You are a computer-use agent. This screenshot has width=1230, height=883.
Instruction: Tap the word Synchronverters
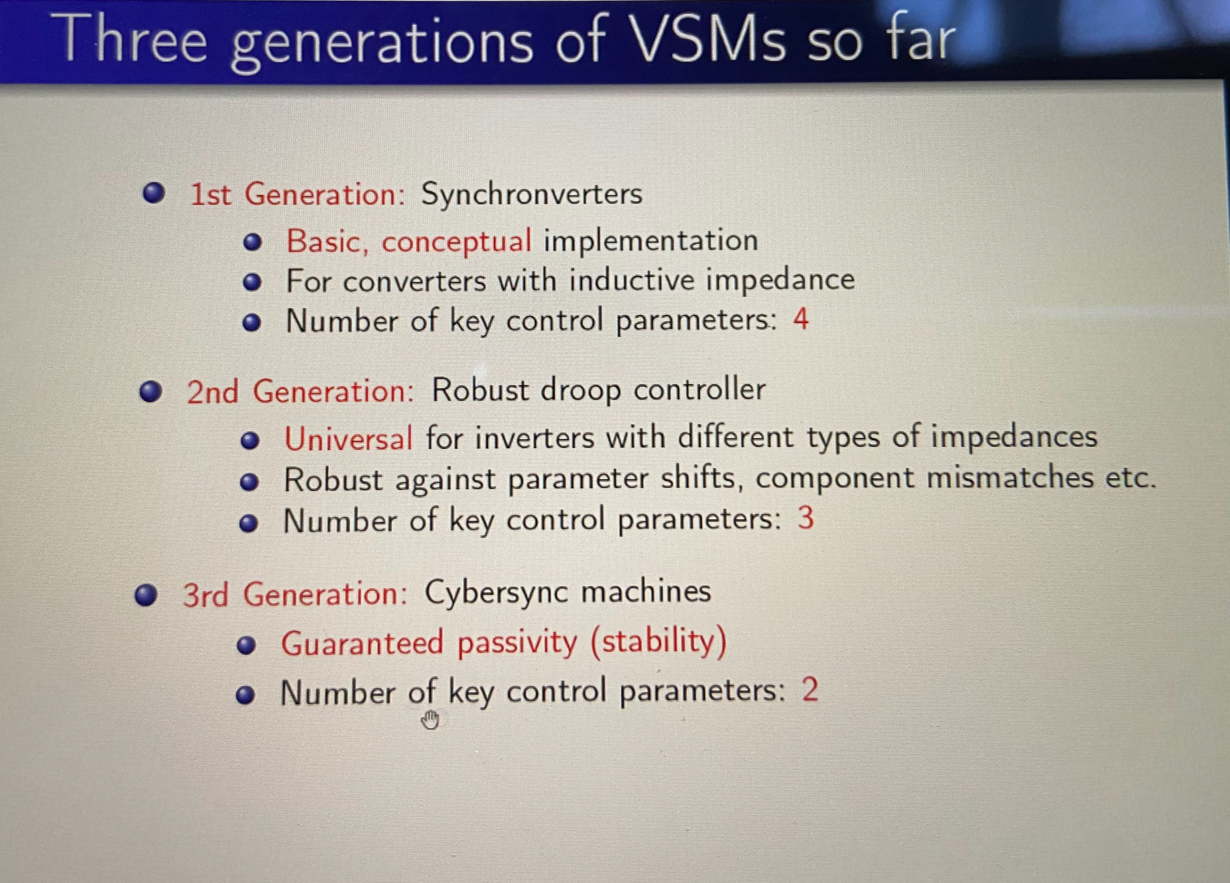[x=531, y=194]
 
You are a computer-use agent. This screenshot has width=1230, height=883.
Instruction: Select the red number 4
[x=800, y=319]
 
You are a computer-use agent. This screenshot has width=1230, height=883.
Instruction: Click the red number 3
[x=806, y=518]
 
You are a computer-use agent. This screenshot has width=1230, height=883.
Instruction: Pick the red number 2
[x=810, y=690]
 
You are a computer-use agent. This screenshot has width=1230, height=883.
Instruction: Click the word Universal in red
[x=348, y=438]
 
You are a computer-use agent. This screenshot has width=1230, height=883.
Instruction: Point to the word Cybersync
[x=496, y=593]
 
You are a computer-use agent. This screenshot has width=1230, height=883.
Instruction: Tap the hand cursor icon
[x=430, y=721]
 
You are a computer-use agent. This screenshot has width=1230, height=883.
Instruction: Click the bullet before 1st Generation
[x=154, y=193]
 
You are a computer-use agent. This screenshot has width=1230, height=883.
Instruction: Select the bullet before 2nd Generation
[x=151, y=391]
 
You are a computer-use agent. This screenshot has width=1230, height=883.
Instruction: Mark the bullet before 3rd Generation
[x=147, y=594]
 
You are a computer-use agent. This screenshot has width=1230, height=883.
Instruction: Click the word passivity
[x=517, y=643]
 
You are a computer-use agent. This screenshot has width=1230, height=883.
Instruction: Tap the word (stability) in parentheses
[x=658, y=642]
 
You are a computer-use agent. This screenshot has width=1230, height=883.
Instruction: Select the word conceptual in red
[x=456, y=241]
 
